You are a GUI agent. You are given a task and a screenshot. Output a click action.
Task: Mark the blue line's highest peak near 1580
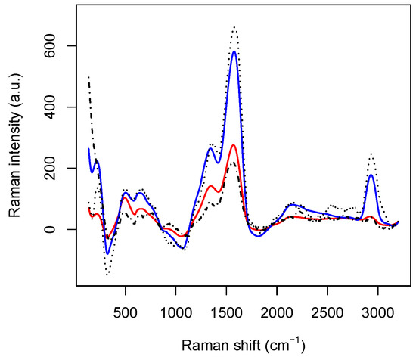(x=234, y=51)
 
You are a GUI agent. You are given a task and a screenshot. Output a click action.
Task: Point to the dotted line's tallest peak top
(x=234, y=27)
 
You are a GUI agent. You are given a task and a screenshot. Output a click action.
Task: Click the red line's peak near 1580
(x=234, y=145)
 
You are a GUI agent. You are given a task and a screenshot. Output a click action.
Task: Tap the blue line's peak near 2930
(x=371, y=175)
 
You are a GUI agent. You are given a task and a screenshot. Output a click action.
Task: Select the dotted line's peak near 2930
(x=371, y=154)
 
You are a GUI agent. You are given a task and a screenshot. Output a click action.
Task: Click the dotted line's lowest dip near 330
(x=108, y=274)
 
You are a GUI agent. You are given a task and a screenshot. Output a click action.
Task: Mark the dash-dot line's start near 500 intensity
(x=88, y=76)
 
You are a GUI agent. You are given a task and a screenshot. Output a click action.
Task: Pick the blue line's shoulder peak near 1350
(x=211, y=148)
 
